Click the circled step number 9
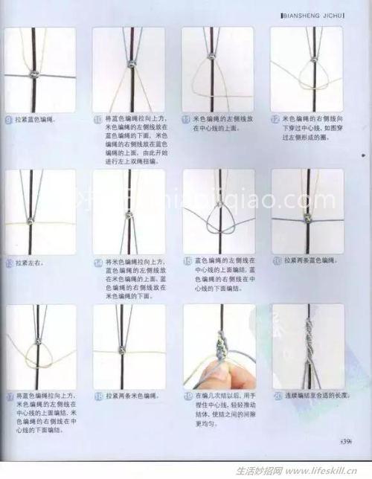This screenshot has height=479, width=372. coord(9,119)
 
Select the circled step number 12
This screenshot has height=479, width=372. coord(275,119)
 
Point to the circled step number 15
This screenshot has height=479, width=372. coord(187,261)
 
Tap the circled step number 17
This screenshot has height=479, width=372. coord(9,396)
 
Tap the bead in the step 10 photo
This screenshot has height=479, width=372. coord(132,65)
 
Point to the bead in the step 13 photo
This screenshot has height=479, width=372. coord(33,222)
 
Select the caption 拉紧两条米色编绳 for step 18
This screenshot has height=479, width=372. coord(134,396)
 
